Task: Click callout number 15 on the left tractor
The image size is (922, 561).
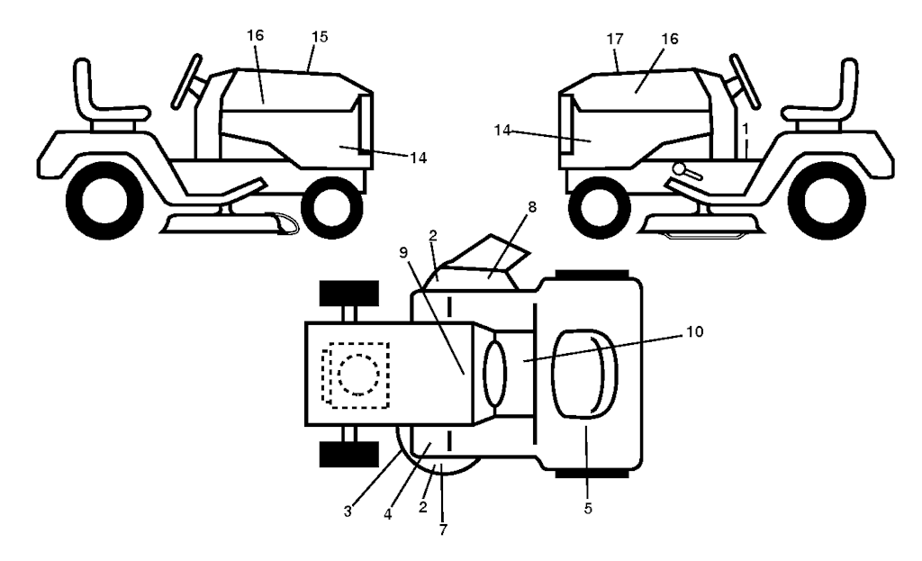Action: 320,36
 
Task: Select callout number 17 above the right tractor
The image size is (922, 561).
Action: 614,39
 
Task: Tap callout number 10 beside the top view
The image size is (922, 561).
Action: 694,331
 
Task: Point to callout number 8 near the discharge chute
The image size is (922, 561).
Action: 532,207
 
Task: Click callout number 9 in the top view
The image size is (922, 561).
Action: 402,252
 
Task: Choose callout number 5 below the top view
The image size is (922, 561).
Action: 588,508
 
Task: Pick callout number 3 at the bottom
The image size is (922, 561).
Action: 348,511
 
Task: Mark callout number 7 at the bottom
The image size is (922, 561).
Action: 443,529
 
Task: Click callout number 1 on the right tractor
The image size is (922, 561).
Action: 745,128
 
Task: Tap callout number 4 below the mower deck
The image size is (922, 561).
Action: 387,514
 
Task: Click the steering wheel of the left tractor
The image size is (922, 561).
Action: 186,81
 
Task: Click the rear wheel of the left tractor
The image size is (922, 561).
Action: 105,201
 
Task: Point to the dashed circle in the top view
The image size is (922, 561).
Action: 358,374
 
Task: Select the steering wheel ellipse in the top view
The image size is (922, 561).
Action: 494,375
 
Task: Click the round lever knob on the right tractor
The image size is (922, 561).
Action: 681,168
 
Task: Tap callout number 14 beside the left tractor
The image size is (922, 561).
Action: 418,158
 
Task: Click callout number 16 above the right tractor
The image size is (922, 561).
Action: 670,39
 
